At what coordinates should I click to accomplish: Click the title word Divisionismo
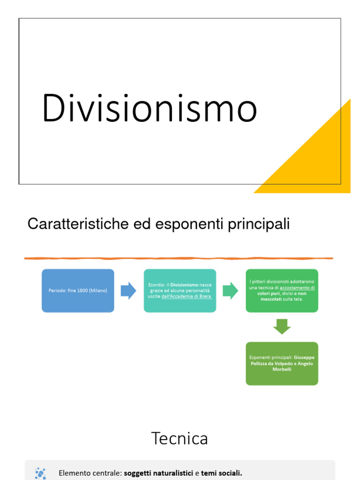click(149, 108)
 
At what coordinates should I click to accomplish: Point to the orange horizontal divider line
click(179, 258)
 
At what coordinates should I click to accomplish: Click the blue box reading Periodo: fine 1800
click(78, 291)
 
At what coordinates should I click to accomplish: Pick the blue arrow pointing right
click(128, 291)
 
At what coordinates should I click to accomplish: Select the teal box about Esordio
click(180, 291)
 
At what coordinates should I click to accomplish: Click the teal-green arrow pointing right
click(230, 291)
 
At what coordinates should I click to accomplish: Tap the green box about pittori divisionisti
click(282, 291)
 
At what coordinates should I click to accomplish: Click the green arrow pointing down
click(282, 326)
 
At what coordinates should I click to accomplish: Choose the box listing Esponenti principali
click(282, 363)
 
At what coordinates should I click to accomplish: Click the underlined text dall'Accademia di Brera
click(187, 297)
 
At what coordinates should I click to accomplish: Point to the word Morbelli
click(282, 369)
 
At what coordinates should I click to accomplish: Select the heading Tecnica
click(180, 438)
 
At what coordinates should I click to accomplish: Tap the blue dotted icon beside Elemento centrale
click(40, 473)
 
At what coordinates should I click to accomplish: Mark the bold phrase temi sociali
click(222, 473)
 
